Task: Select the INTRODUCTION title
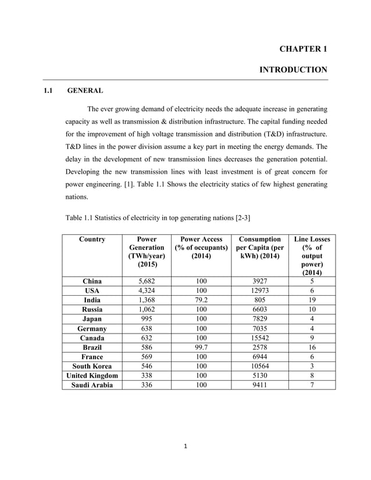[293, 70]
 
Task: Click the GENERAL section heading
[85, 91]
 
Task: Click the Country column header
[92, 239]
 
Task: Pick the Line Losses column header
[312, 256]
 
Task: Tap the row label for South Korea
[92, 366]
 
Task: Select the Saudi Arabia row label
[92, 385]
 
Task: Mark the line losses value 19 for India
[312, 300]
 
